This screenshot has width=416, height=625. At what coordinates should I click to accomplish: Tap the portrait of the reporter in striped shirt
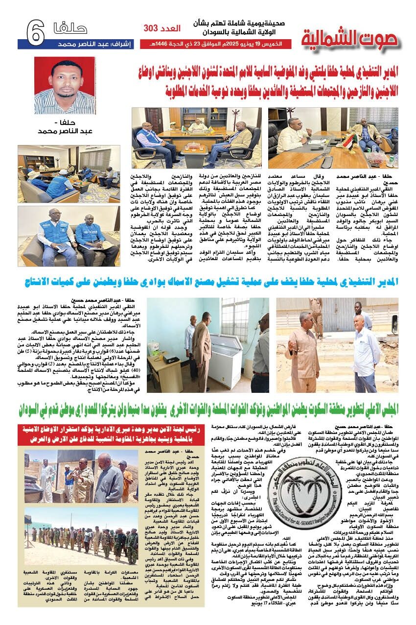pyautogui.click(x=65, y=85)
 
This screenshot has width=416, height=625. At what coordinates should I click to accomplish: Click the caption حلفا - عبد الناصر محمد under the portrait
pyautogui.click(x=65, y=128)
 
